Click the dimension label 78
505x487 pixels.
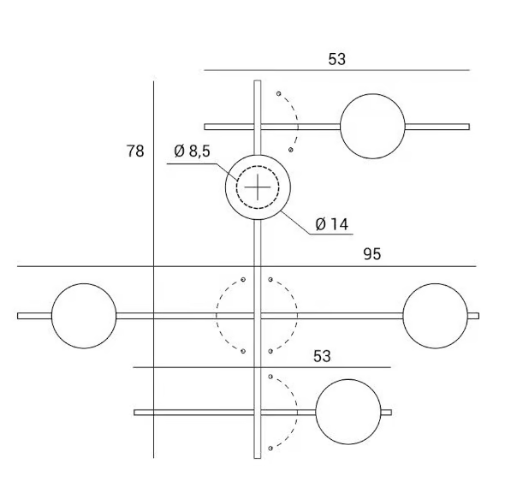pyautogui.click(x=135, y=151)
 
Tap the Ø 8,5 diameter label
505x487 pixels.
pyautogui.click(x=193, y=151)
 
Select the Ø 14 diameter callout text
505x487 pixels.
pyautogui.click(x=332, y=224)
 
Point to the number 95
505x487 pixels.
pyautogui.click(x=372, y=254)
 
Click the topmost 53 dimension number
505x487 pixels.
pyautogui.click(x=337, y=59)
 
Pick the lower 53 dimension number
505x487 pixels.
pyautogui.click(x=322, y=356)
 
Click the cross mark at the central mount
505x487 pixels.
pyautogui.click(x=258, y=187)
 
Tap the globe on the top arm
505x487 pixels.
pyautogui.click(x=372, y=127)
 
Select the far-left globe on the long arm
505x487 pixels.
pyautogui.click(x=84, y=316)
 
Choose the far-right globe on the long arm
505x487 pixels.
pyautogui.click(x=436, y=316)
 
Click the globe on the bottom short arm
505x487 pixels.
pyautogui.click(x=348, y=412)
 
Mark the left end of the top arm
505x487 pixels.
pyautogui.click(x=205, y=127)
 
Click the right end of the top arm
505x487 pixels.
pyautogui.click(x=469, y=127)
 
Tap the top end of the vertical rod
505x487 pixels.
pyautogui.click(x=258, y=80)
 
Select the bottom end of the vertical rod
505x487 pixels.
pyautogui.click(x=258, y=458)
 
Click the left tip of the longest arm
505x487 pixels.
pyautogui.click(x=18, y=316)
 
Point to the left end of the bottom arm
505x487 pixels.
pyautogui.click(x=134, y=413)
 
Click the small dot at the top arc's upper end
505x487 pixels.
pyautogui.click(x=279, y=94)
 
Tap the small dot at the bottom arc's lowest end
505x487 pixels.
pyautogui.click(x=270, y=448)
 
